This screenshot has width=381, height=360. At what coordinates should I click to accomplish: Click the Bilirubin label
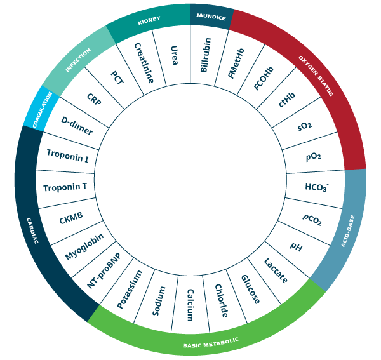click(206, 55)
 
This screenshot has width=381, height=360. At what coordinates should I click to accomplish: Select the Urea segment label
click(174, 55)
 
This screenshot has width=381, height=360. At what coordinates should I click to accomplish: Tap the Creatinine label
click(144, 63)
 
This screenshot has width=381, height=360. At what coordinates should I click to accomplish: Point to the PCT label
click(117, 78)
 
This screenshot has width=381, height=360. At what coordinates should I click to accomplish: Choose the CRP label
click(94, 101)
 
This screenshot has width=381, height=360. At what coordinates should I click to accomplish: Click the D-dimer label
click(77, 126)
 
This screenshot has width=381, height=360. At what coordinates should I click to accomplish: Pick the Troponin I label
click(67, 156)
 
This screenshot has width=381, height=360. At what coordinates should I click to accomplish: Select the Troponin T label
click(65, 187)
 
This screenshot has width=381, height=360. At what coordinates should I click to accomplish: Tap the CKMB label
click(71, 218)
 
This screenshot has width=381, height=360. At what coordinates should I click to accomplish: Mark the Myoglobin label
click(84, 247)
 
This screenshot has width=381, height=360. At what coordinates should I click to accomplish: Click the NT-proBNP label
click(104, 271)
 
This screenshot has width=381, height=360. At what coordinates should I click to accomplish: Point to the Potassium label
click(130, 290)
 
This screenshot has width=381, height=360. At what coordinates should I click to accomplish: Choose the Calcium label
click(189, 305)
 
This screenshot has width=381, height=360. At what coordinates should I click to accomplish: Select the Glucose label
click(250, 290)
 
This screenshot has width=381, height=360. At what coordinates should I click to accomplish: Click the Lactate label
click(276, 271)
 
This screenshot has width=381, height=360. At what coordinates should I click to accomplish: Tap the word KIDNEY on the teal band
click(149, 21)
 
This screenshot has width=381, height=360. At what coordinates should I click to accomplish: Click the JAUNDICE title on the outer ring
click(211, 17)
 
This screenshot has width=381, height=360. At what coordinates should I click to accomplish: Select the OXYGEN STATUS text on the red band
click(316, 76)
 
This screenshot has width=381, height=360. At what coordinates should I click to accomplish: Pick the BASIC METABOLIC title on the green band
click(211, 343)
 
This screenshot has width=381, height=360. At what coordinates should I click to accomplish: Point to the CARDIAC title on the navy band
click(32, 230)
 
